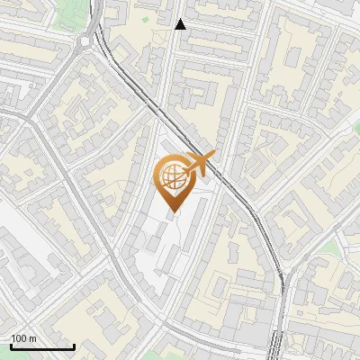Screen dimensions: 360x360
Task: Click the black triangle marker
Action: coord(181,24)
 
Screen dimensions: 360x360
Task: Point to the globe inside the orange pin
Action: coord(173,175)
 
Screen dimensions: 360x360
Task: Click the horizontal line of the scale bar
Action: coord(41,347)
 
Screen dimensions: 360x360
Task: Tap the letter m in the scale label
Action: coord(32,338)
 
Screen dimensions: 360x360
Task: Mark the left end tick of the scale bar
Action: coord(10,346)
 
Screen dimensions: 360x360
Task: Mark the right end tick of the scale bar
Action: coord(73,346)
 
